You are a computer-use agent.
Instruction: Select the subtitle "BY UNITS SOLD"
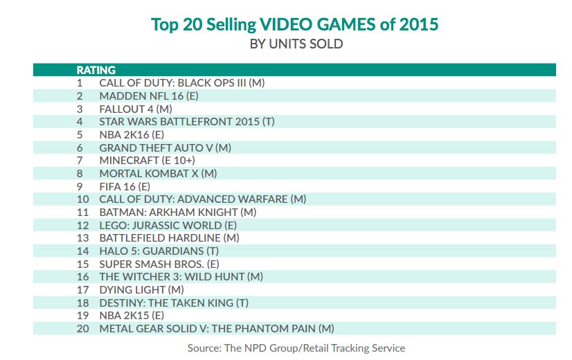pyautogui.click(x=296, y=44)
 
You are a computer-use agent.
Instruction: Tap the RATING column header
pyautogui.click(x=96, y=70)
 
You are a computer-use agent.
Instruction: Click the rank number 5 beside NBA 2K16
pyautogui.click(x=80, y=134)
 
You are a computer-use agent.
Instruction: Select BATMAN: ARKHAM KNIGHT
pyautogui.click(x=178, y=212)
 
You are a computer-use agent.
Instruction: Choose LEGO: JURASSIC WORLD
pyautogui.click(x=168, y=225)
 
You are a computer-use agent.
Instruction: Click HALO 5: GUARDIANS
pyautogui.click(x=159, y=251)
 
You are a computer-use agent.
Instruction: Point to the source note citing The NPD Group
pyautogui.click(x=296, y=348)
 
